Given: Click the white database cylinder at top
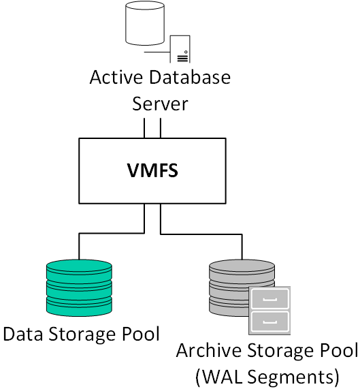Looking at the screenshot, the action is (145, 23).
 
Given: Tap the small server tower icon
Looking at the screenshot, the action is (180, 49).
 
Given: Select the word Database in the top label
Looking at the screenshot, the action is (190, 78).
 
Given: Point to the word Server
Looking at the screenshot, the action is (160, 104).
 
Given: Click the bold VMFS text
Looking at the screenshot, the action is (152, 171).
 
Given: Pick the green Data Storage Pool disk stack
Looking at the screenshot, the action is (79, 287).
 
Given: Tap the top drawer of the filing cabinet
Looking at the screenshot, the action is (269, 298).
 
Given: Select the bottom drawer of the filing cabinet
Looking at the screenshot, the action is (269, 322).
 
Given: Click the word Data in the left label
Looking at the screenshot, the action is (22, 334).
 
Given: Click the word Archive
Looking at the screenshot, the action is (209, 351).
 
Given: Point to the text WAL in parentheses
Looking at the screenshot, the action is (222, 377).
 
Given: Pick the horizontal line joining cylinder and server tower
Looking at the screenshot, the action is (157, 52).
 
